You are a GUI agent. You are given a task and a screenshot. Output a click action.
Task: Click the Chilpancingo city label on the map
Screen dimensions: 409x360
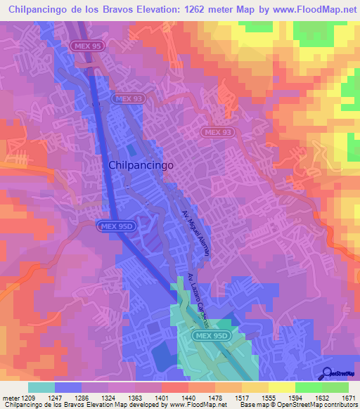point(141,164)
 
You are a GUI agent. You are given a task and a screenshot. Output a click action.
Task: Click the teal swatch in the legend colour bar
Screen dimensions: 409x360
point(42,387)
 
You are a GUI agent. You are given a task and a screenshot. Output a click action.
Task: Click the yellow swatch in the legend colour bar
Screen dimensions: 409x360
point(281,387)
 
